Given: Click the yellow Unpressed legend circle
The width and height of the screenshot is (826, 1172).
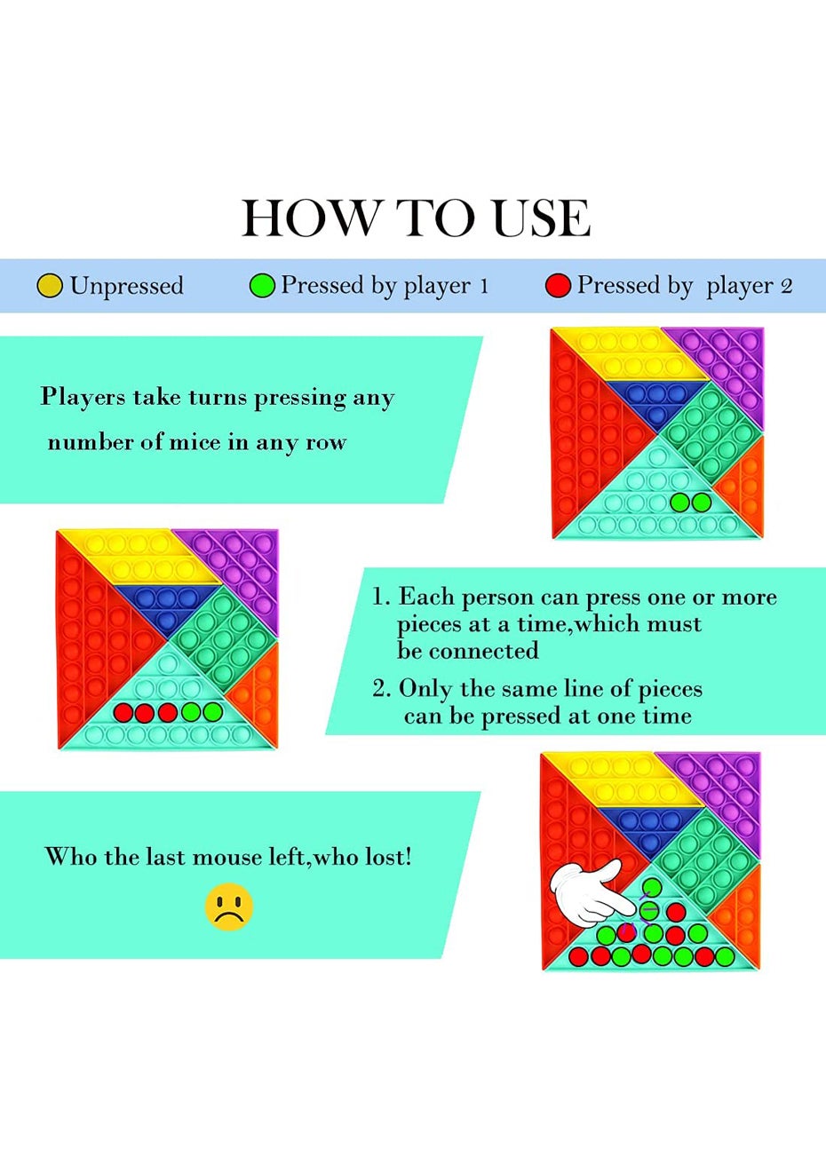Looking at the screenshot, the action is [x=51, y=286].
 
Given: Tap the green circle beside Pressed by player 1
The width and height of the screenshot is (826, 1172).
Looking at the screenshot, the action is [x=262, y=286].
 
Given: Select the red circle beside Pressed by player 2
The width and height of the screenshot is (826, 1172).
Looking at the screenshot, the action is [x=558, y=286].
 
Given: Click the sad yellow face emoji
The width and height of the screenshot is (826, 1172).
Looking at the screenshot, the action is [x=229, y=907].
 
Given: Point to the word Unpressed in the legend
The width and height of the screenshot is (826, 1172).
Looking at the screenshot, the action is [x=127, y=287].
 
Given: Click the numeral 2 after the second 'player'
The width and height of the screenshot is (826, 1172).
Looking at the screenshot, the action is [x=786, y=286].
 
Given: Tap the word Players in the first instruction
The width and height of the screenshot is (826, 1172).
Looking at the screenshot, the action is [x=83, y=397].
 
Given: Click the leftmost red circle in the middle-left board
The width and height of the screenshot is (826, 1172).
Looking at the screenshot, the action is [x=123, y=712].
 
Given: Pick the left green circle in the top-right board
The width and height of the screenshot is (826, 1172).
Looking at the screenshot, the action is [x=679, y=503].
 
